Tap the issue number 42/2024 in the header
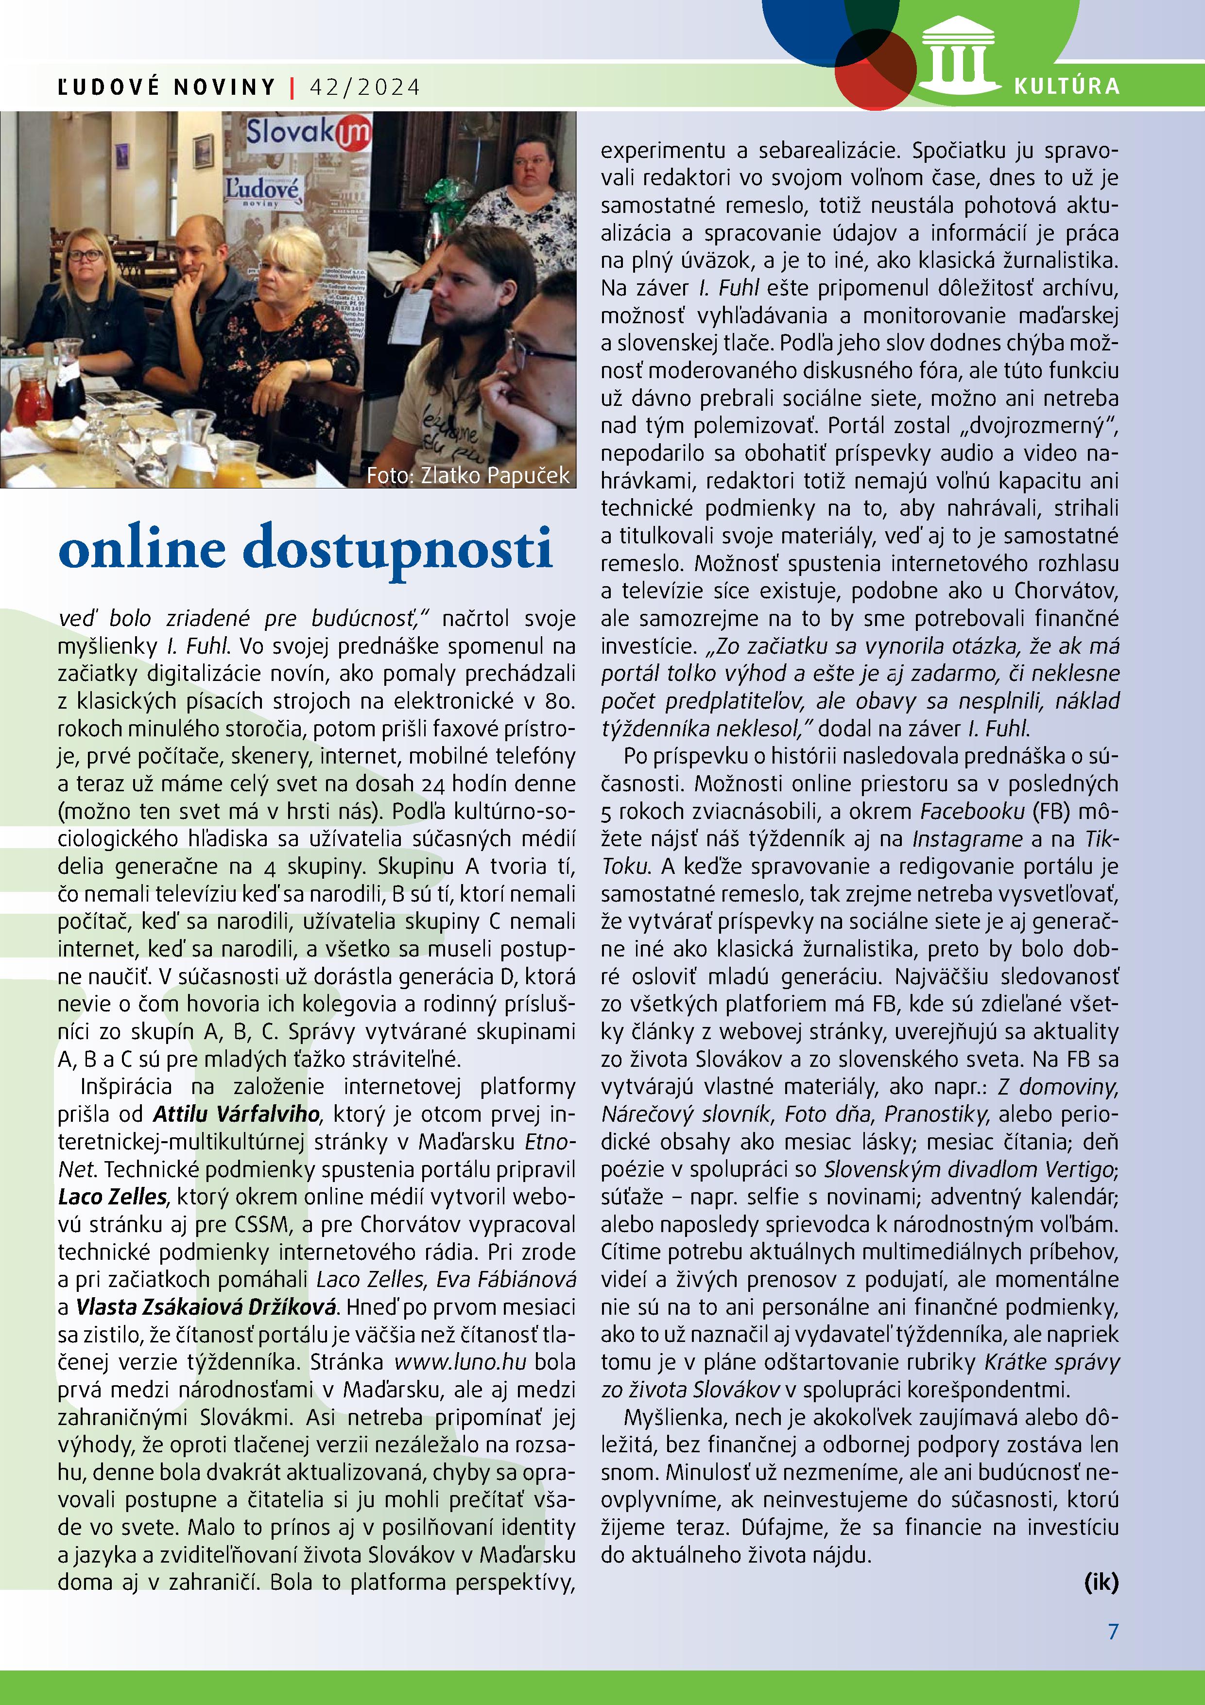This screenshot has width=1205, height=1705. coord(364,87)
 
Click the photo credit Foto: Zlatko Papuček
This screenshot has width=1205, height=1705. coord(468,475)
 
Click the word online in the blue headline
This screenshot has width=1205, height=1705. coord(142,550)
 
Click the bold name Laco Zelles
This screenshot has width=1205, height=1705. coord(113,1196)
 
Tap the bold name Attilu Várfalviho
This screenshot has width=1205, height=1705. coord(237,1114)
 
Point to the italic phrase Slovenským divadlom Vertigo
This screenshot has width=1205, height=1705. coord(968,1169)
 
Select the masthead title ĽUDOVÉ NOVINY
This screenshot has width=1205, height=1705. coord(167,87)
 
